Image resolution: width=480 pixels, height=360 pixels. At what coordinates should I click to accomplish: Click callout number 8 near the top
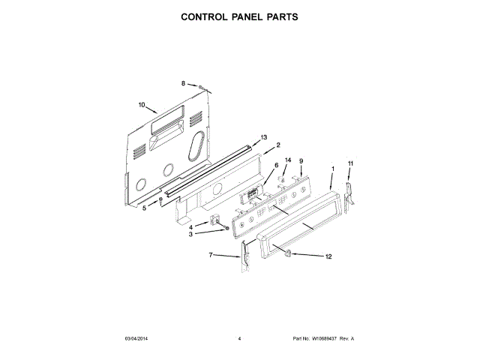(x=182, y=83)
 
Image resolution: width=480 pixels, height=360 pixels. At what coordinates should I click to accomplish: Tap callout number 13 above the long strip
(x=264, y=137)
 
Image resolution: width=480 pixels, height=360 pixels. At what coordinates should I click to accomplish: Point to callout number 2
(x=278, y=145)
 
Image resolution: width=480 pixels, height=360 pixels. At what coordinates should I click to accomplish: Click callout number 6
(x=276, y=165)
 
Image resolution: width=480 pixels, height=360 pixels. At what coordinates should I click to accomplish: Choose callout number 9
(x=301, y=161)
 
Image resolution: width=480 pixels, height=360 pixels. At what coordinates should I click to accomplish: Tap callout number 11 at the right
(x=350, y=163)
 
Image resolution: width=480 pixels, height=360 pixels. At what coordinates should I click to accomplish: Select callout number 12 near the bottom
(x=328, y=256)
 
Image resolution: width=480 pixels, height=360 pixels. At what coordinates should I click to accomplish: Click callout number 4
(x=191, y=226)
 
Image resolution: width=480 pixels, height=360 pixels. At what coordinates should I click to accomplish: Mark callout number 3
(x=191, y=234)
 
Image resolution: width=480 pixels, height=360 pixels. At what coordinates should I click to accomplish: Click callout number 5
(x=145, y=208)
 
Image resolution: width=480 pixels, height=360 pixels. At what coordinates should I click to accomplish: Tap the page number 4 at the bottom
(x=239, y=339)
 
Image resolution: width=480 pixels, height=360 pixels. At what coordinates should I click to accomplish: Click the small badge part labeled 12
(x=285, y=253)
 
